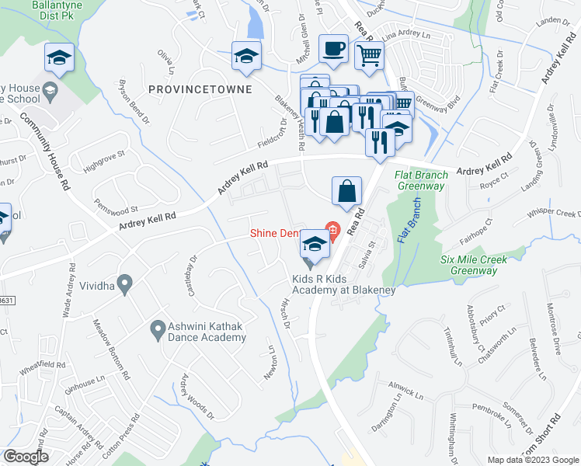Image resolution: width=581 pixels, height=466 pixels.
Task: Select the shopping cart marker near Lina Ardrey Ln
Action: coord(369,54)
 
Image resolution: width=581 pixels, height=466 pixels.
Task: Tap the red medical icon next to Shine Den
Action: coord(332,230)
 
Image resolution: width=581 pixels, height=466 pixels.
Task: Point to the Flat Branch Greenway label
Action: coord(421,180)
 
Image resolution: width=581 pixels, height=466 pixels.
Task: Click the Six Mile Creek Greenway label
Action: coord(469,265)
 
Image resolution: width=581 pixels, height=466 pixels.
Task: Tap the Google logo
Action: coord(26,457)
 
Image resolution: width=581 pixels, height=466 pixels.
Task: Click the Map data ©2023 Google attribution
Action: coord(532,460)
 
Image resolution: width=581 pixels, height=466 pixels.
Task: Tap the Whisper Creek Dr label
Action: coord(554,214)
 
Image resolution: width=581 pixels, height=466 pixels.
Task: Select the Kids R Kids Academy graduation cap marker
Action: coord(314,246)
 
